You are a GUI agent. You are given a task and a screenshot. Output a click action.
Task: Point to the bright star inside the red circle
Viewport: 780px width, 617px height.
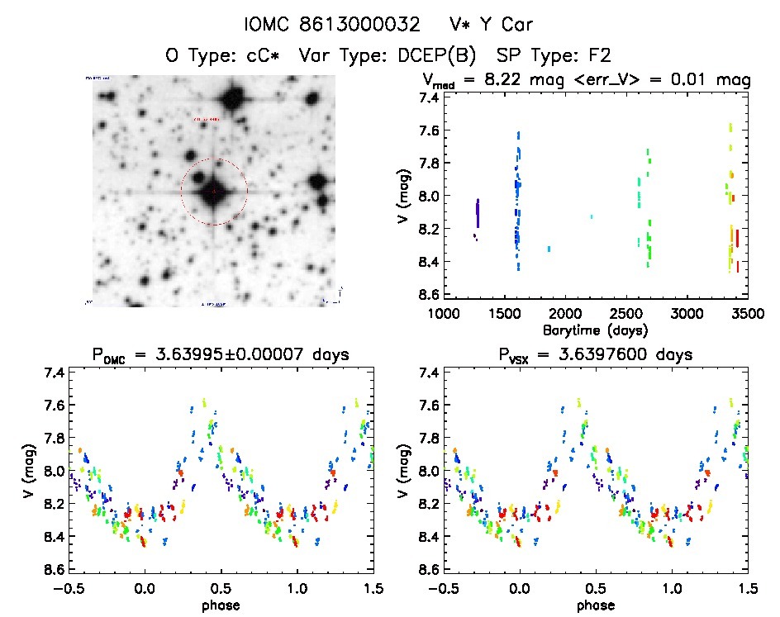(x=213, y=192)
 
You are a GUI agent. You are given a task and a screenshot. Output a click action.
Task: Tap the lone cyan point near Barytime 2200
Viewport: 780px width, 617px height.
(x=592, y=216)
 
